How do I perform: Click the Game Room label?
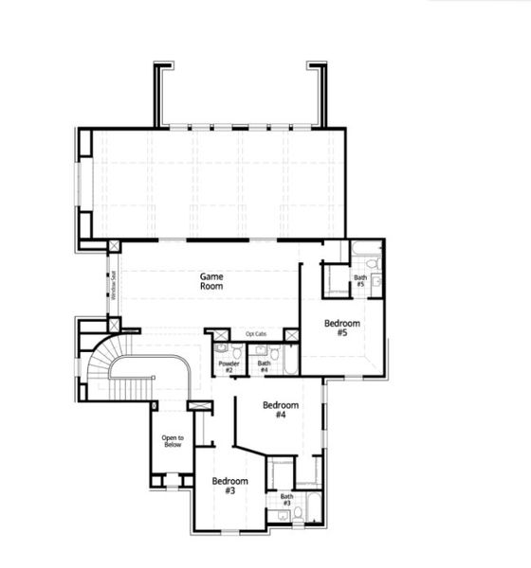[211, 280]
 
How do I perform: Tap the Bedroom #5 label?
[342, 328]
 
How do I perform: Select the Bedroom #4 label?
[281, 410]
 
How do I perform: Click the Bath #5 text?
[360, 280]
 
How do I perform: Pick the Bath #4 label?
[264, 365]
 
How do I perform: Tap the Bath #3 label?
[286, 499]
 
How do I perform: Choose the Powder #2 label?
[229, 365]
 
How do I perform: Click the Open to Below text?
[172, 440]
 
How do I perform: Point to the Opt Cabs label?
[256, 334]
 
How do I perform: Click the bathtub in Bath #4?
[289, 359]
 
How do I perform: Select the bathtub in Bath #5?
[336, 280]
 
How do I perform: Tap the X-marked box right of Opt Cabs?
[292, 334]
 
